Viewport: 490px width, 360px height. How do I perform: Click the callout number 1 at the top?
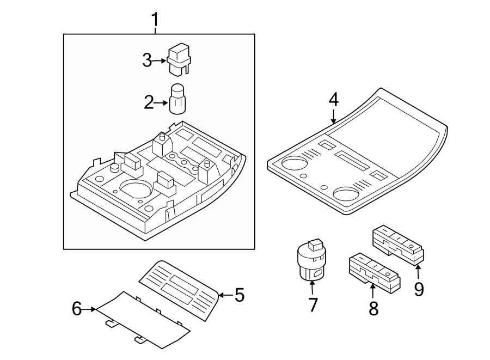pos(155,20)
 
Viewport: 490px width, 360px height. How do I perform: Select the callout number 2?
pos(149,102)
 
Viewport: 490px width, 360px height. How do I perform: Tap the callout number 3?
pos(147,61)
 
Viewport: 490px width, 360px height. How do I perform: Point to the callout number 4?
pos(333,100)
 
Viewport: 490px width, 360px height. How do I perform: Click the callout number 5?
pos(239,295)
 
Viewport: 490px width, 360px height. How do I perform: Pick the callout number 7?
pos(313,305)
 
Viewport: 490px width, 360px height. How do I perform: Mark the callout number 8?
pos(373,308)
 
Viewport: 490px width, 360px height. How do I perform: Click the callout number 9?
pos(418,288)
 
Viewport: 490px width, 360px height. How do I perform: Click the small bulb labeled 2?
pos(178,99)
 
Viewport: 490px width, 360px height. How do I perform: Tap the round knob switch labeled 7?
pos(311,260)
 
